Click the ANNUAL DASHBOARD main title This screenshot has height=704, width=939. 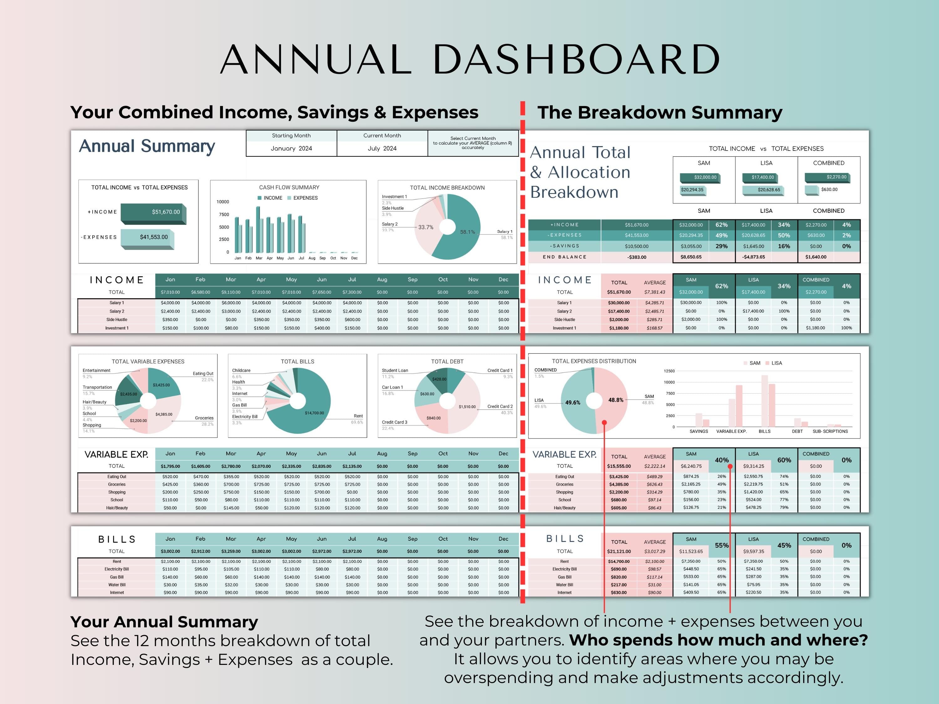click(469, 59)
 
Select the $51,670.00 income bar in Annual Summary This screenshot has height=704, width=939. click(153, 212)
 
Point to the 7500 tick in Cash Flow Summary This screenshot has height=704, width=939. click(224, 215)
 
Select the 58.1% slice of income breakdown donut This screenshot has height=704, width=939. click(465, 237)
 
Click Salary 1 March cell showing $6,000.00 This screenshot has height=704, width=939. click(231, 303)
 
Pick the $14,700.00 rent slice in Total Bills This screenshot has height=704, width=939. click(314, 413)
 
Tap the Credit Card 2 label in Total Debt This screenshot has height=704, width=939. click(500, 406)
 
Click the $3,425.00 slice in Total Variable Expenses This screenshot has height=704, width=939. click(161, 385)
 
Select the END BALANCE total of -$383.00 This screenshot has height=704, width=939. click(636, 257)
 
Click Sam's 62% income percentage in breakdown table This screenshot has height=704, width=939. click(721, 225)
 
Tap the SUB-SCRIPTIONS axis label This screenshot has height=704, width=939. click(830, 431)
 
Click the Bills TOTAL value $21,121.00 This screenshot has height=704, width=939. click(618, 552)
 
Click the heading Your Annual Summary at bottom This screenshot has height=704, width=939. click(164, 622)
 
